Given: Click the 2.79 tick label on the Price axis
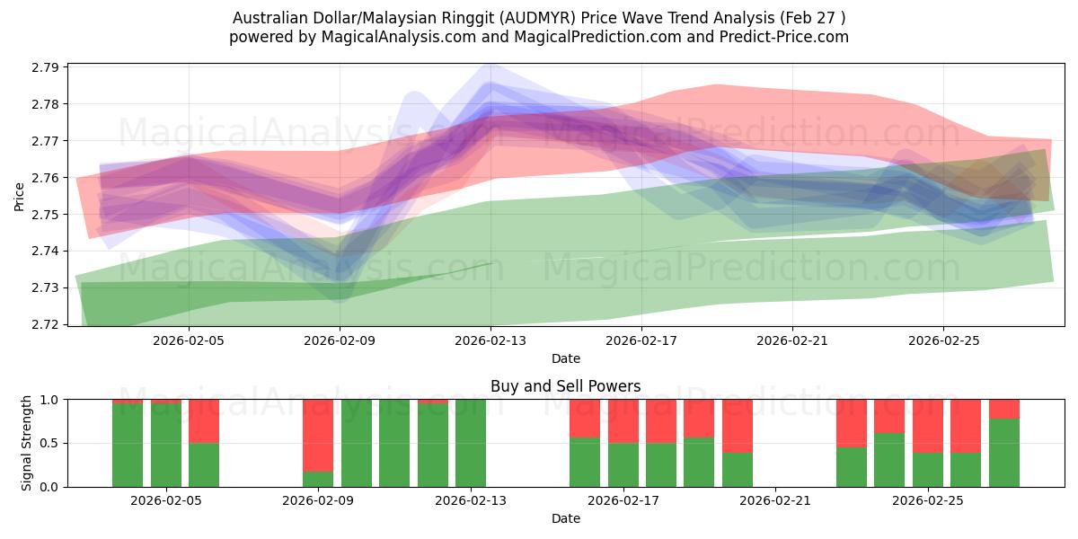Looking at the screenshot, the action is tap(45, 67).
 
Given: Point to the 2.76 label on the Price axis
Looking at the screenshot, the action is tap(45, 178).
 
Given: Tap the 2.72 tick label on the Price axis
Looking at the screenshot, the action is tap(45, 324).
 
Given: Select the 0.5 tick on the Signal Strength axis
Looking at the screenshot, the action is tap(49, 443).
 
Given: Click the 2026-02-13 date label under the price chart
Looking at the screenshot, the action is tap(490, 340).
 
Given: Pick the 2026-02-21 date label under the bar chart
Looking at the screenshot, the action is tap(774, 500).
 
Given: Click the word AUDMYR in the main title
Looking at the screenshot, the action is tap(537, 18).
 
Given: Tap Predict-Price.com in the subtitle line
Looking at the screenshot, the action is tap(784, 37).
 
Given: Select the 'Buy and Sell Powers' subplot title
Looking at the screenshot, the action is tap(565, 386).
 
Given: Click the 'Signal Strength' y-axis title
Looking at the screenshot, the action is tap(26, 443).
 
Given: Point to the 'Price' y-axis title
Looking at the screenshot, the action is tap(19, 197).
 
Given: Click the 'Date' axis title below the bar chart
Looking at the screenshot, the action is tap(565, 518).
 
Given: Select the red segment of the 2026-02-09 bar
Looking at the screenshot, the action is tap(318, 436).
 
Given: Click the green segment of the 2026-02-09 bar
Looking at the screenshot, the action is tap(318, 480).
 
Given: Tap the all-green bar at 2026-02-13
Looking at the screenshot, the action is tap(471, 443).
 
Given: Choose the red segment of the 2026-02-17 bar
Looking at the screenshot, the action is tap(623, 421).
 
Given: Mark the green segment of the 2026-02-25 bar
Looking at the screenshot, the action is tap(928, 470).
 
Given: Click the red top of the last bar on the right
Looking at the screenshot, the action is tap(1004, 409).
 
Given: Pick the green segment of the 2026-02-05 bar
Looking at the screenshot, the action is tap(166, 446).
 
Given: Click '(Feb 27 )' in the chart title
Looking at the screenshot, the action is tap(812, 18).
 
